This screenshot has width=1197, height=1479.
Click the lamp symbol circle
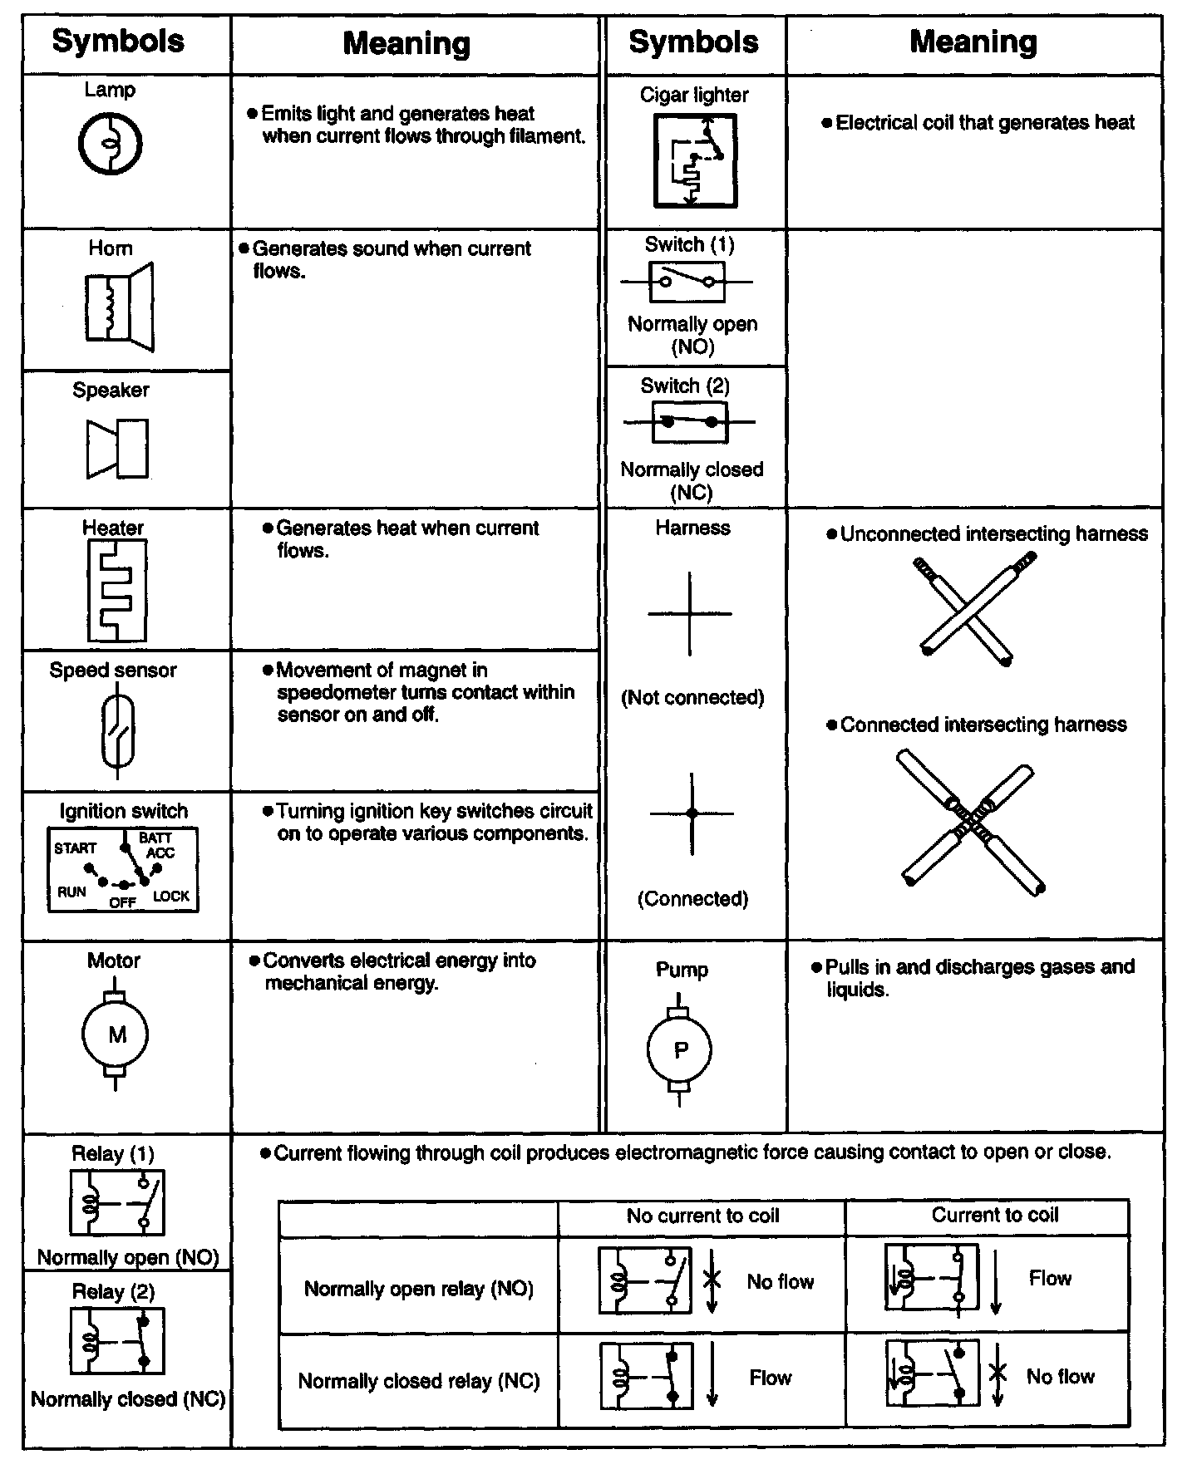coord(111,144)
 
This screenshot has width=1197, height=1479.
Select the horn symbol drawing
coord(119,307)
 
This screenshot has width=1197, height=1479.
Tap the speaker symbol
coord(117,449)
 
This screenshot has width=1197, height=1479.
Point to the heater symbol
coord(116,590)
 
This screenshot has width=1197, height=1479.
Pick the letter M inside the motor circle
coord(117,1034)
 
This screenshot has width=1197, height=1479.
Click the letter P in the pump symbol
coord(681,1050)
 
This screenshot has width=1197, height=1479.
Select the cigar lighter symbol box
coord(695,160)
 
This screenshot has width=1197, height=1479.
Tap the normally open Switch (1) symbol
coord(687,282)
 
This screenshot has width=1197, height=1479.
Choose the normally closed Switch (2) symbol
coord(689,422)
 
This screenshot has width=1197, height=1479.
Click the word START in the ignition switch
coord(76,848)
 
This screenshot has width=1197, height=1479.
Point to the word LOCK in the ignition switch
coord(170,897)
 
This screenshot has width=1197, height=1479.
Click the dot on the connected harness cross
coord(692,813)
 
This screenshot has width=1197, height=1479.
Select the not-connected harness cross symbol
coord(690,614)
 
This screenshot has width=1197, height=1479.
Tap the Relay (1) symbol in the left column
coord(117,1201)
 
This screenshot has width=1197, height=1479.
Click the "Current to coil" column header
coord(994,1215)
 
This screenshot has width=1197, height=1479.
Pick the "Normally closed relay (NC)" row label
coord(419,1381)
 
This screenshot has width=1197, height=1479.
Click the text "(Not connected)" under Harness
coord(692,697)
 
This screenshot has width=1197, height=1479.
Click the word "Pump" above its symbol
coord(682,970)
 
